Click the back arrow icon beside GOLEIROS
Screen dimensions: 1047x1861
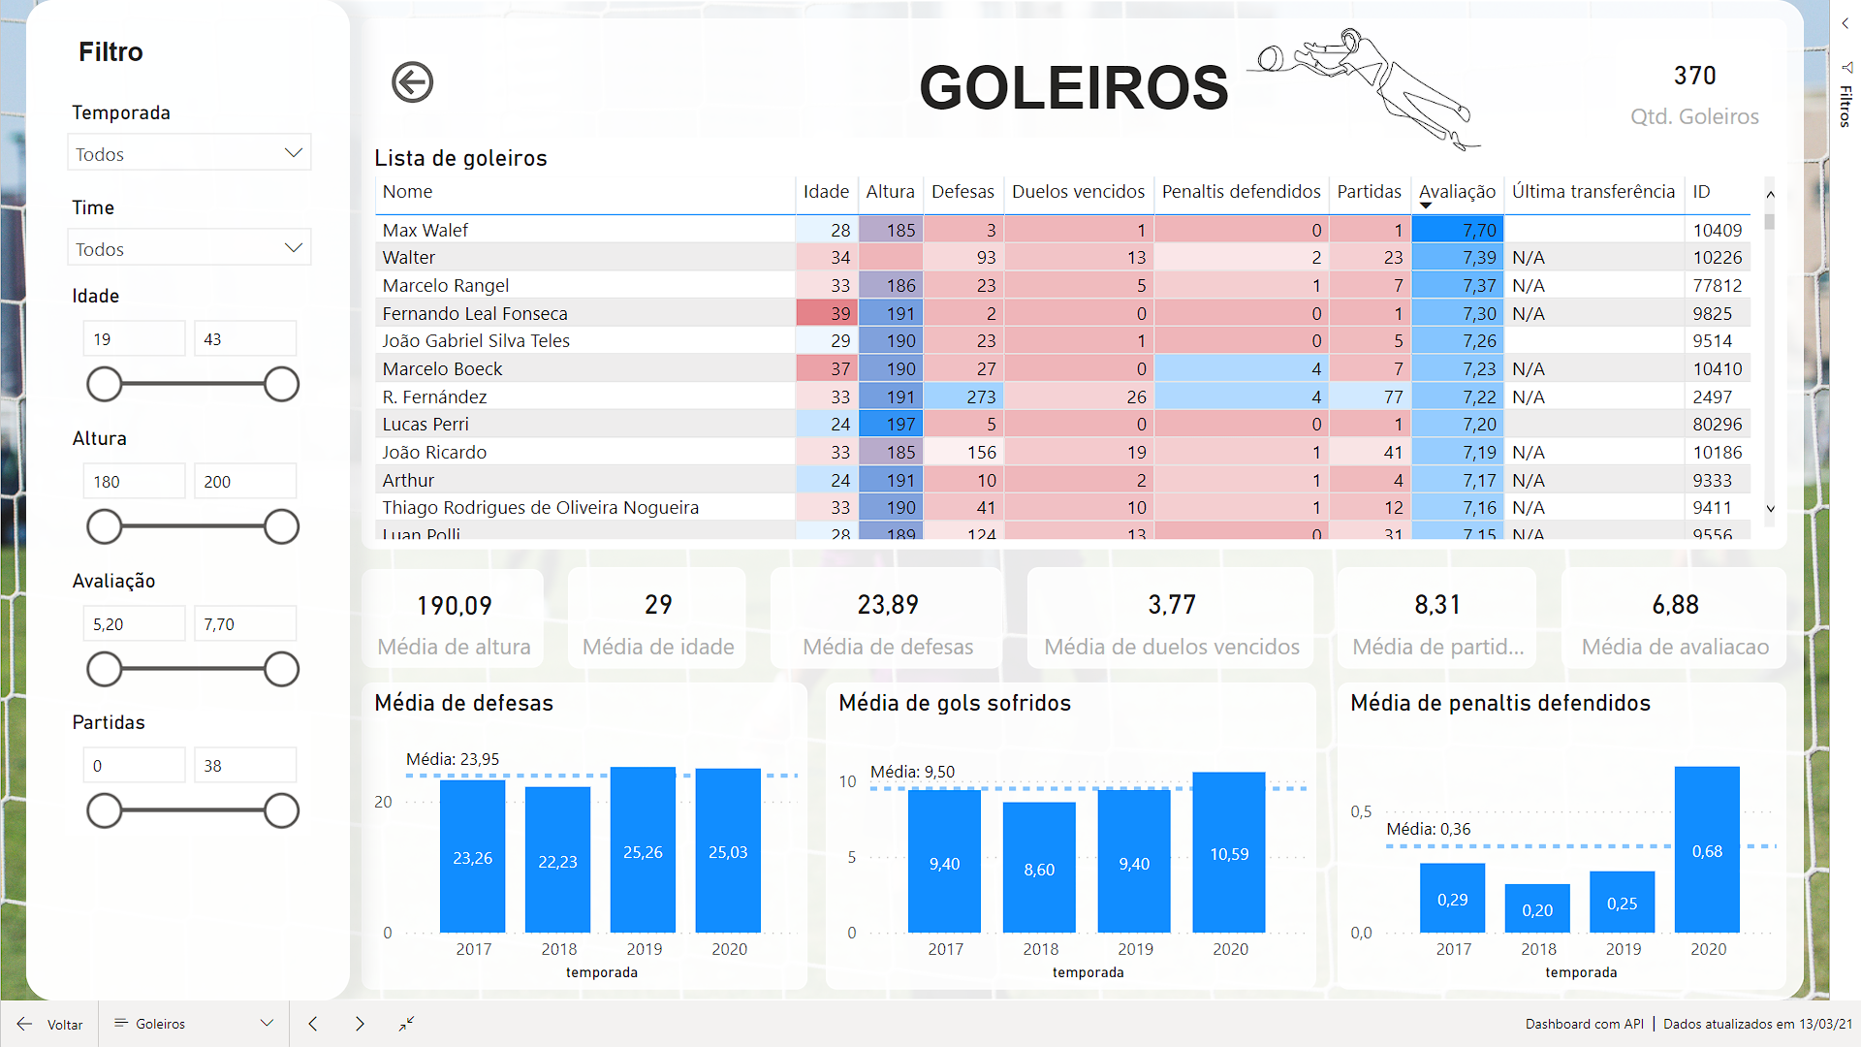pyautogui.click(x=412, y=82)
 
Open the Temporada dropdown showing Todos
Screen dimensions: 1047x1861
pyautogui.click(x=189, y=153)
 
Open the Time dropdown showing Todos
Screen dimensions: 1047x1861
pyautogui.click(x=189, y=248)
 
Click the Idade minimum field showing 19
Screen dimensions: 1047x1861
pyautogui.click(x=134, y=339)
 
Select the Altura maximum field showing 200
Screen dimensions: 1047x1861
pyautogui.click(x=244, y=482)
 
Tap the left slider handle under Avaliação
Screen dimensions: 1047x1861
pyautogui.click(x=105, y=669)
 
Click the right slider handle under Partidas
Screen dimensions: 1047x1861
pyautogui.click(x=281, y=810)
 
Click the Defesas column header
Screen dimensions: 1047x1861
pyautogui.click(x=962, y=192)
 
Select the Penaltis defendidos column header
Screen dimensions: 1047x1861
pyautogui.click(x=1240, y=192)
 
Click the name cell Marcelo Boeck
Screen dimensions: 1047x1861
pyautogui.click(x=442, y=369)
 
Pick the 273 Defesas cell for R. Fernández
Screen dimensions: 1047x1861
pyautogui.click(x=980, y=397)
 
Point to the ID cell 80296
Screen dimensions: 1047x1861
pyautogui.click(x=1717, y=425)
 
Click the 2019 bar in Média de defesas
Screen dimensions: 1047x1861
pyautogui.click(x=643, y=849)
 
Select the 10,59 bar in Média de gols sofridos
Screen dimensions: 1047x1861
pyautogui.click(x=1228, y=852)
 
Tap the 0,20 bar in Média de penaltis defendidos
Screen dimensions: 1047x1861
pyautogui.click(x=1536, y=908)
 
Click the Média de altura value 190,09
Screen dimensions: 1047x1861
pyautogui.click(x=454, y=606)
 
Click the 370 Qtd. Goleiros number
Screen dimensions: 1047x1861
pyautogui.click(x=1693, y=76)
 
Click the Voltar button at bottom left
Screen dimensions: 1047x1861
pyautogui.click(x=50, y=1025)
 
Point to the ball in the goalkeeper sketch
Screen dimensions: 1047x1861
pyautogui.click(x=1270, y=60)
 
